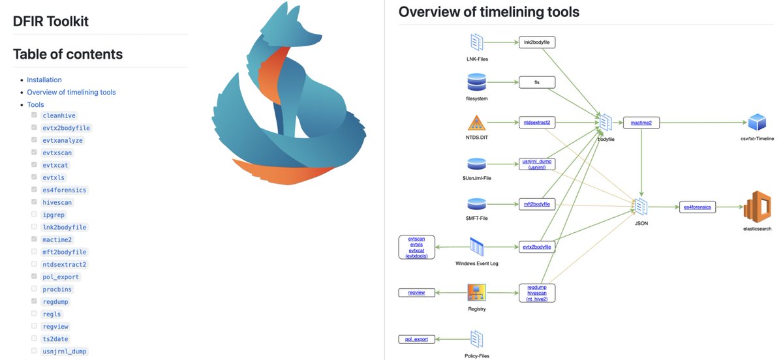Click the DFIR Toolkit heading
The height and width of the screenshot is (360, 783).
51,21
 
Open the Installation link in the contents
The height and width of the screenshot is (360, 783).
44,80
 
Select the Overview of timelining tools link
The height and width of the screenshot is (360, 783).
71,92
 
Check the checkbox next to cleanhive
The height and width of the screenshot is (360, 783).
34,115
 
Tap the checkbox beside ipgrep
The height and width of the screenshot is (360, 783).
34,215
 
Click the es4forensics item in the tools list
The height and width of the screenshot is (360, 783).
64,190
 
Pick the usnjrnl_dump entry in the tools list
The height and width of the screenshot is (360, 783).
64,351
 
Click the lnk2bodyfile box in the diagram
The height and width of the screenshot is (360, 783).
536,42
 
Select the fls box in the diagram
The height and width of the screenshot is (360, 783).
536,82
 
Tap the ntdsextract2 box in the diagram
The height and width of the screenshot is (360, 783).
536,122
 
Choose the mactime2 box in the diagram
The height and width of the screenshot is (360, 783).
641,122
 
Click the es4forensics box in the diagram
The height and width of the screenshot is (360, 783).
697,207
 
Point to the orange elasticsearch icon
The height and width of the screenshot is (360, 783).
757,207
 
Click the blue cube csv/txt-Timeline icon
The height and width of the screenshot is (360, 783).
757,122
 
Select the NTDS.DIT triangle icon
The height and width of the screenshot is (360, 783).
477,123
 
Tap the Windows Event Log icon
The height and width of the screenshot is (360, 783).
477,247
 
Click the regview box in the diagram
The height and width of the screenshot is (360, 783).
416,293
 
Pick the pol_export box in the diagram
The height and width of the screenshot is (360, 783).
416,339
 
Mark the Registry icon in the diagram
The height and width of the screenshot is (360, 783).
477,293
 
